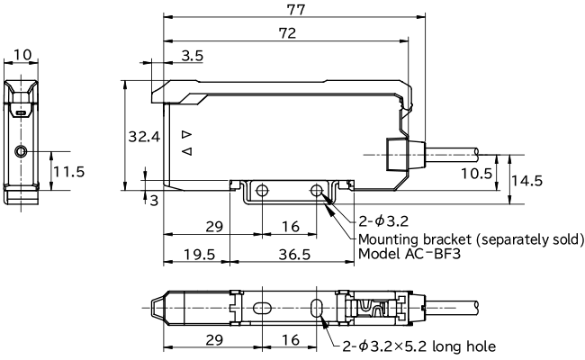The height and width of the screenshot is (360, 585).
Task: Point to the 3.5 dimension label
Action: (x=192, y=56)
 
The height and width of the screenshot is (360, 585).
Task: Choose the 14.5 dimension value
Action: (x=526, y=180)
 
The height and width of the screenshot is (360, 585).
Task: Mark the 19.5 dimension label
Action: (x=198, y=254)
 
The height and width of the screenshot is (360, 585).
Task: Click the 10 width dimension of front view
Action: (x=22, y=55)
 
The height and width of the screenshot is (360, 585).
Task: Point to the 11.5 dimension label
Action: (x=69, y=170)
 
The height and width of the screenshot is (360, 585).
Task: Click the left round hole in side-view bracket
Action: (x=262, y=191)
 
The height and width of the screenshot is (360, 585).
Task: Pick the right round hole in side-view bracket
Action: (x=317, y=191)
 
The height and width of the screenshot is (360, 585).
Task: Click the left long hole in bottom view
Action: (x=260, y=308)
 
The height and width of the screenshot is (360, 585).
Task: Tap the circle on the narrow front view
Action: (x=22, y=151)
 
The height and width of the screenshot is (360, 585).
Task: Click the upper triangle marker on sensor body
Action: (x=187, y=134)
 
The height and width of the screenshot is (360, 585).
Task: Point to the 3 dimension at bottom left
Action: (x=154, y=200)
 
